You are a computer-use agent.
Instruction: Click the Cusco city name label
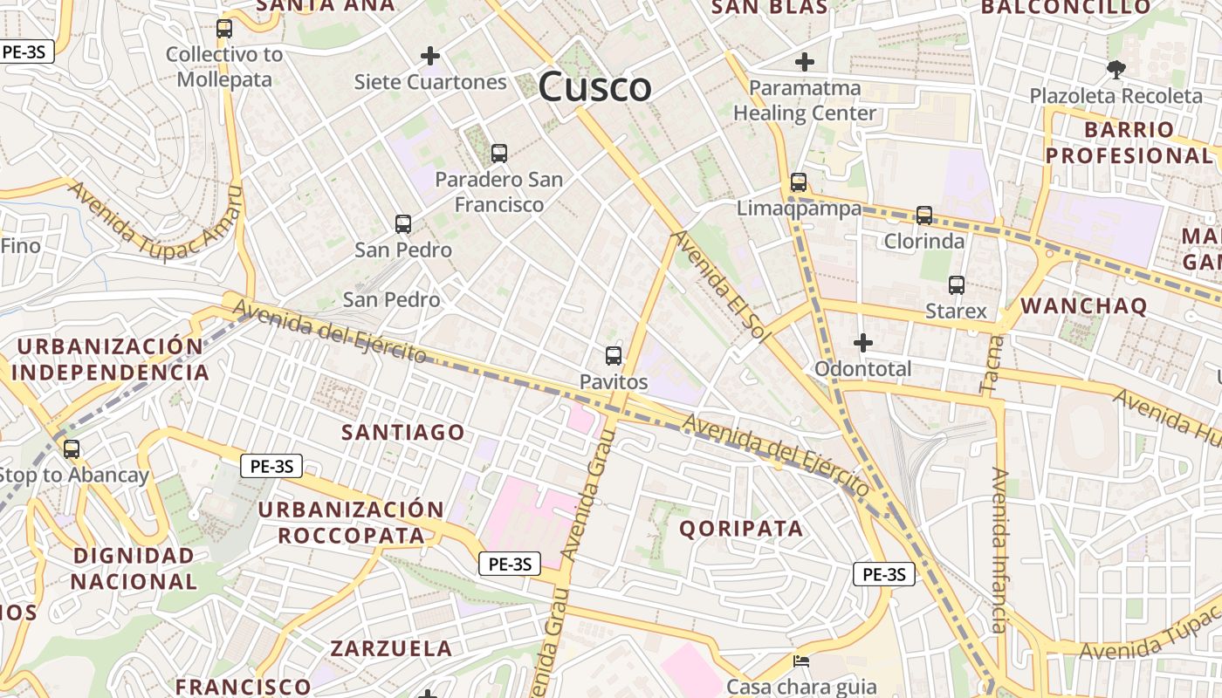594,87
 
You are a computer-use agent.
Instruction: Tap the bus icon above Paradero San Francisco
498,154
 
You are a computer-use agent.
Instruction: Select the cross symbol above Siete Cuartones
429,56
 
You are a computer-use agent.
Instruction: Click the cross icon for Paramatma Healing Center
804,62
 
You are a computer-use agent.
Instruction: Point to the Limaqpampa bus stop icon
798,182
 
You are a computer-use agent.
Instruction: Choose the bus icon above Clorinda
923,215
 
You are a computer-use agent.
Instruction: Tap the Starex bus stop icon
956,285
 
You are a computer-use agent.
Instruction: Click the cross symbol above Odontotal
862,343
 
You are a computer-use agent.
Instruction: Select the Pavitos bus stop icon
614,356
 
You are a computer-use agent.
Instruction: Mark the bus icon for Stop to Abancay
72,449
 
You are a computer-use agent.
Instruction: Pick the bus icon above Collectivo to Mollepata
224,29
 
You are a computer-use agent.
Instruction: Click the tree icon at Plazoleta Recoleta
1115,69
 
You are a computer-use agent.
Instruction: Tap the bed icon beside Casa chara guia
800,660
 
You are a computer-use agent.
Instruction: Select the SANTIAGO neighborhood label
402,433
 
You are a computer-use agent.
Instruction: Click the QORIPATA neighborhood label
741,529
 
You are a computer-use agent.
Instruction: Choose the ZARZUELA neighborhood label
391,648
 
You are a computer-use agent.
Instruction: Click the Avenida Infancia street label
1000,550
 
